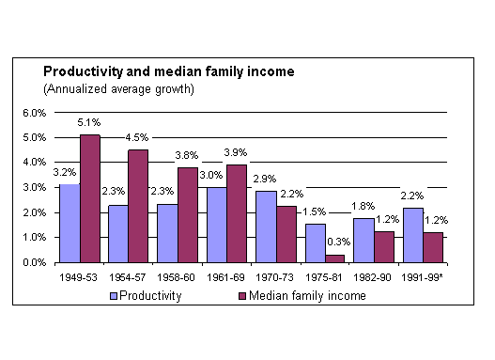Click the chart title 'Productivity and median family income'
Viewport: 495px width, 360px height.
(169, 71)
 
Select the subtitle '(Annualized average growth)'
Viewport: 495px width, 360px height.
(118, 89)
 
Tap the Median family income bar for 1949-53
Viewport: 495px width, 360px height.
(90, 198)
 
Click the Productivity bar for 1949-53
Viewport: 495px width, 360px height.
(70, 224)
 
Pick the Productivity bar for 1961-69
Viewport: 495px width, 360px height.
(217, 226)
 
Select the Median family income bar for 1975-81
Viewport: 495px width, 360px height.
(335, 258)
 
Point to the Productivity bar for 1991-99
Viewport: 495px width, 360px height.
(413, 235)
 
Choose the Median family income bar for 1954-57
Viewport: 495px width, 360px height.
(138, 206)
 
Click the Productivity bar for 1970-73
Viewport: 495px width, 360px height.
(266, 227)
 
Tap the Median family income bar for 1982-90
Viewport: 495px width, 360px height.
(384, 247)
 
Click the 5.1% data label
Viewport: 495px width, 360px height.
(89, 122)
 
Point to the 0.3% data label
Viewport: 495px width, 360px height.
(339, 242)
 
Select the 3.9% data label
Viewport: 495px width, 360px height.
(236, 152)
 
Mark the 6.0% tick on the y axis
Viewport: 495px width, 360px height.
(35, 113)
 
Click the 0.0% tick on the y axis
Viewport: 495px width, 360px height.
(35, 262)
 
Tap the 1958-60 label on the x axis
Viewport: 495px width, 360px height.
(176, 277)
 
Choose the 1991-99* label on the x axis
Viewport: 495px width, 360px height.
(422, 277)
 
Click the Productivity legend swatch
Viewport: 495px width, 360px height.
(114, 296)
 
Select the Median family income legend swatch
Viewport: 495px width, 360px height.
(242, 296)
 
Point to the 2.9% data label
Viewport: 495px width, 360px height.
(265, 179)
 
